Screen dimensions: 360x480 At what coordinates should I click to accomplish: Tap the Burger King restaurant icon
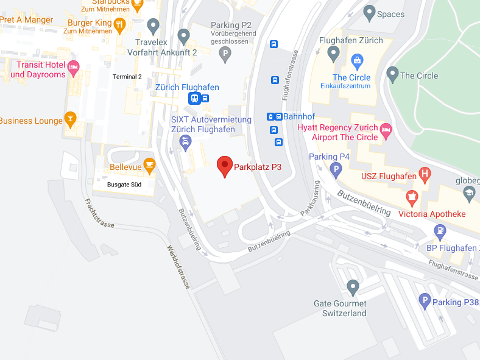[119, 25]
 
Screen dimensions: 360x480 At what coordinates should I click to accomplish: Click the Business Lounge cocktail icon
[71, 119]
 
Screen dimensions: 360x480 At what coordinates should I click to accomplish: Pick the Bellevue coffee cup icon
[149, 166]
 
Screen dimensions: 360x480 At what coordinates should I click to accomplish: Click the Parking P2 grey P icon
[225, 55]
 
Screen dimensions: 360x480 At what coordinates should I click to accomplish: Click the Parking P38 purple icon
[425, 301]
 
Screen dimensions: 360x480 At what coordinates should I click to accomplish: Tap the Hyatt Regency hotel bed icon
[386, 130]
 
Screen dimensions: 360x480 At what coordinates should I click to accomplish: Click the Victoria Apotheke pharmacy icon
[412, 197]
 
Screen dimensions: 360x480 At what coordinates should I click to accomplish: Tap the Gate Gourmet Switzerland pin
[353, 286]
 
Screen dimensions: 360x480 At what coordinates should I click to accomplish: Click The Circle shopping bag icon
[357, 60]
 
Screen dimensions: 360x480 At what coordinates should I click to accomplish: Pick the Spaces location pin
[369, 12]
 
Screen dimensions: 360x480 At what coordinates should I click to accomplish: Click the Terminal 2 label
[127, 77]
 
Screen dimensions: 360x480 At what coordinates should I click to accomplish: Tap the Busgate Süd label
[124, 184]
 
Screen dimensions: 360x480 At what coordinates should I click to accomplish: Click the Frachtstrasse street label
[100, 213]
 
